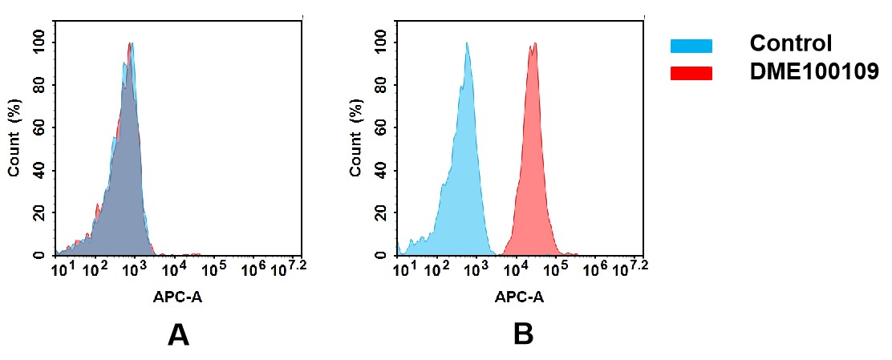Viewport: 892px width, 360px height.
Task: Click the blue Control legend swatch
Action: click(x=691, y=47)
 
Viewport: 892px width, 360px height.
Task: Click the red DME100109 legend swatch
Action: click(x=691, y=73)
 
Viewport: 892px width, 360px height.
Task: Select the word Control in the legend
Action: click(x=790, y=43)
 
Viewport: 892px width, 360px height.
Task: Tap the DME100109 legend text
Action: click(x=814, y=72)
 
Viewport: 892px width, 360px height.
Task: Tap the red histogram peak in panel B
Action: click(x=533, y=48)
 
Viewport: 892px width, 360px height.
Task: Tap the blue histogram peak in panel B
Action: click(x=466, y=47)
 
